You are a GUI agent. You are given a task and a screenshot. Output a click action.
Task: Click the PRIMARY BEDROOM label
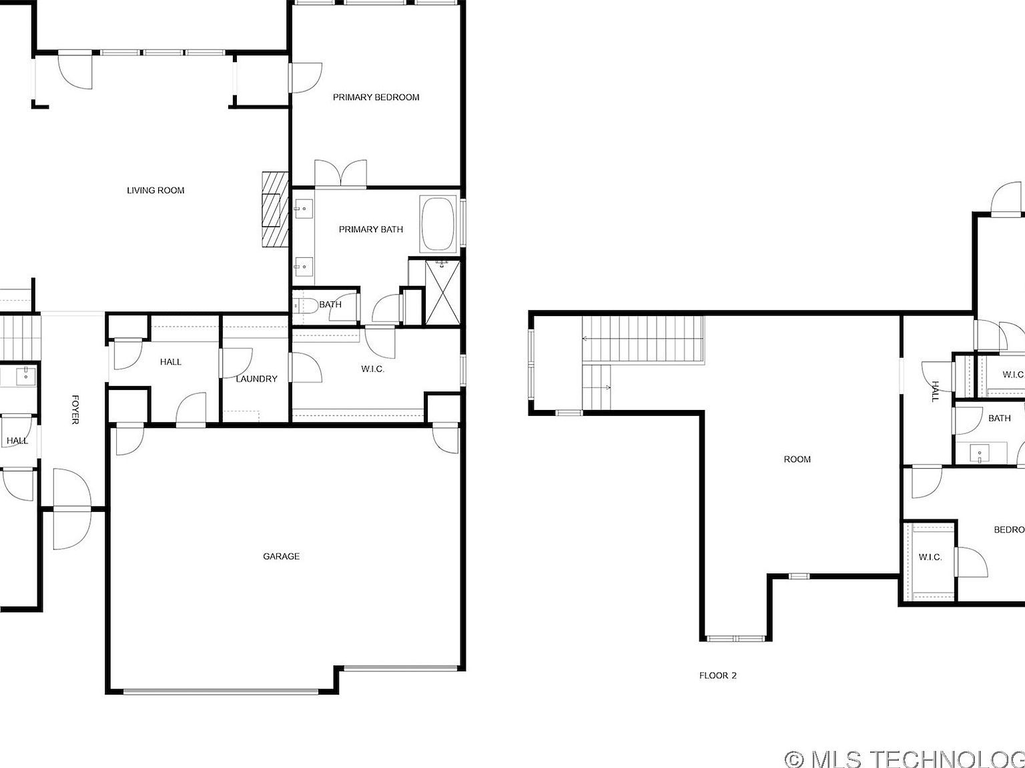376,97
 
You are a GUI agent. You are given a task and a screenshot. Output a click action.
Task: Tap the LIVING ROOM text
155,191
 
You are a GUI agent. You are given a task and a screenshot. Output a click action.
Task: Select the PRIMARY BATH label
370,229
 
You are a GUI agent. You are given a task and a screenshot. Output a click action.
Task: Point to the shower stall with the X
442,292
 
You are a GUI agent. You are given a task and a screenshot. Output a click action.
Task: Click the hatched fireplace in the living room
274,209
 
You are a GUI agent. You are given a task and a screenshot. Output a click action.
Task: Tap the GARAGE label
281,556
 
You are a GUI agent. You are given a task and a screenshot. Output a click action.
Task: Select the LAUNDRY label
256,379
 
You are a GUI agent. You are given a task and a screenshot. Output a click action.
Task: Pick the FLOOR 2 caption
717,675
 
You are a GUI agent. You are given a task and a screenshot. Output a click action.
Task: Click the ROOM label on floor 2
797,459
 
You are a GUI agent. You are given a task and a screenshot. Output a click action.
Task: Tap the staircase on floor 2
642,340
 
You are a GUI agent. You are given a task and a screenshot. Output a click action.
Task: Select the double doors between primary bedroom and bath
340,174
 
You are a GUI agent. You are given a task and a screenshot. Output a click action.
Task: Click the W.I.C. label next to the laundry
372,369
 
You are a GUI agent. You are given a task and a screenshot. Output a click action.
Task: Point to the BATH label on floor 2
998,419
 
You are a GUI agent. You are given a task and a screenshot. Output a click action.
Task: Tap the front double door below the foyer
71,509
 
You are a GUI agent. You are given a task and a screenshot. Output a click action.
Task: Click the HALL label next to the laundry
171,362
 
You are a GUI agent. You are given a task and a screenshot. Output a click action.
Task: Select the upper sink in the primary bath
302,209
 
